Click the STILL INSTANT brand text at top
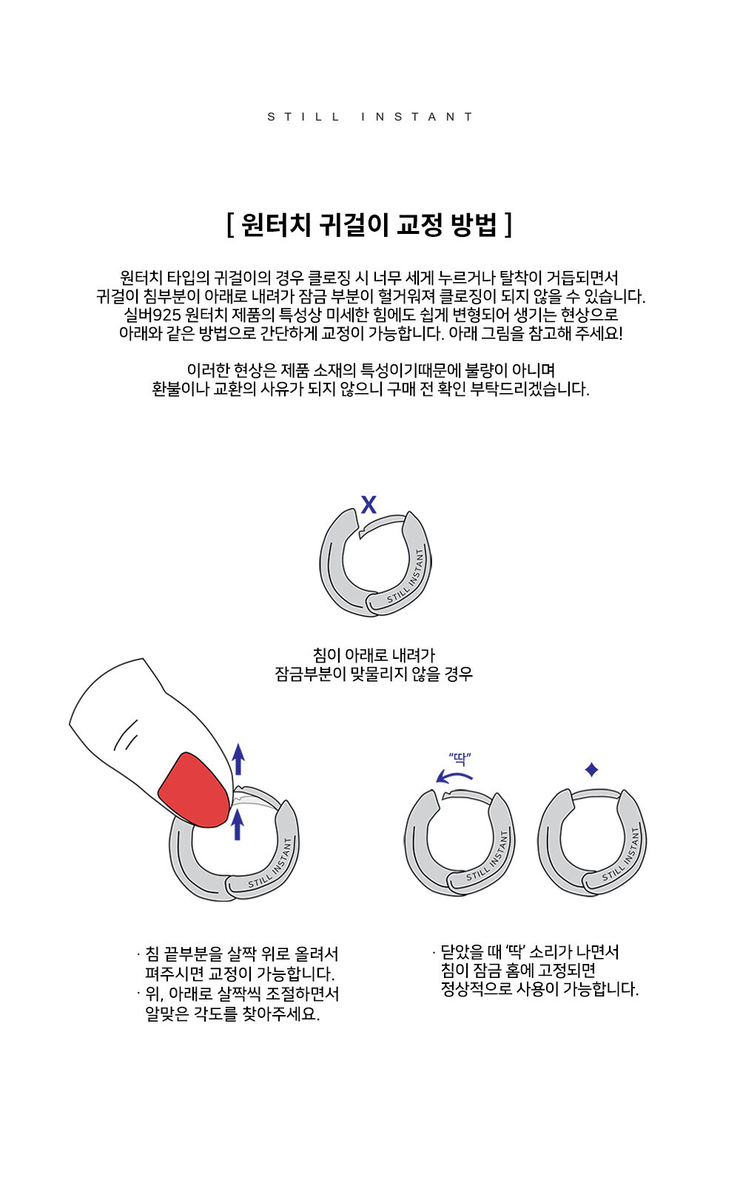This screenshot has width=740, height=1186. tap(370, 116)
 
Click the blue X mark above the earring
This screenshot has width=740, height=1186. tap(369, 505)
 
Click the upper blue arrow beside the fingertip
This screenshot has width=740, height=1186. tap(238, 760)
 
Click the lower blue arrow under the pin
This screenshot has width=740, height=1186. tap(238, 825)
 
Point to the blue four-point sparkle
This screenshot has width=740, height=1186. tap(591, 769)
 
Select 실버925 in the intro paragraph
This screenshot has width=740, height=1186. tap(152, 315)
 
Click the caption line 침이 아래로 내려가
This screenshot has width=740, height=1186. tap(374, 655)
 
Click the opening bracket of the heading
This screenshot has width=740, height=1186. tap(230, 225)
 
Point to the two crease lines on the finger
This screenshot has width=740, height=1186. tap(126, 735)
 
